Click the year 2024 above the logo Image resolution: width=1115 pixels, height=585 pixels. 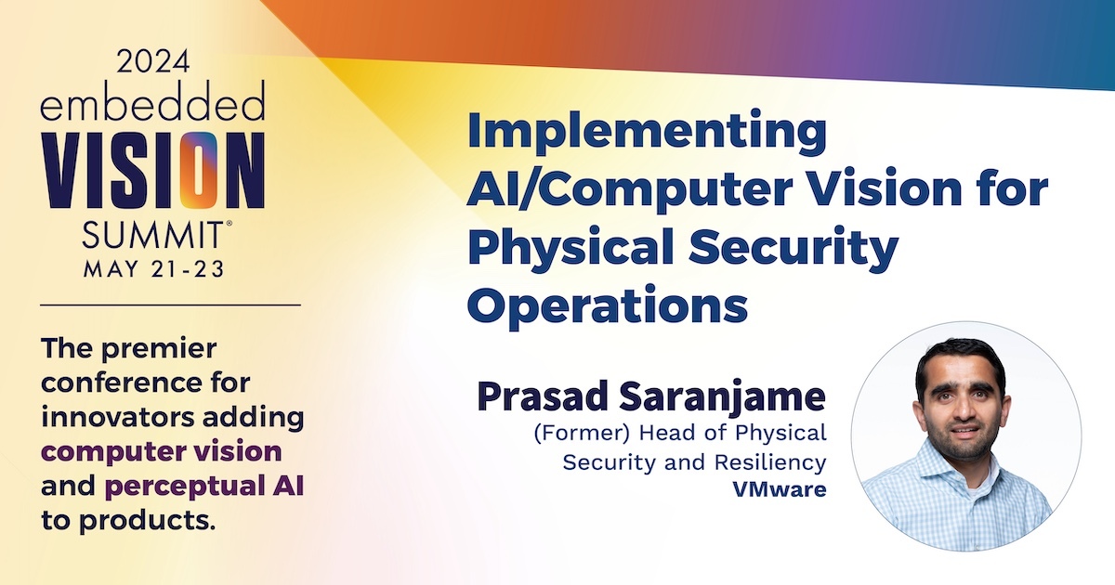(153, 61)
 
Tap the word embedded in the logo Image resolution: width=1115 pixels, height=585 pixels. (152, 101)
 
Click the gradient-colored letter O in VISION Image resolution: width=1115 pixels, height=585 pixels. (199, 170)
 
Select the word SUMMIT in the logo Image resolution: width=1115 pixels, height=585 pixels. (152, 235)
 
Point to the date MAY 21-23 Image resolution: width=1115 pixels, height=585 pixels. (154, 269)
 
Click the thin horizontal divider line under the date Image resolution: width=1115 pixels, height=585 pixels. (170, 305)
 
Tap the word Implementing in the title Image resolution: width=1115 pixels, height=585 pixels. (647, 132)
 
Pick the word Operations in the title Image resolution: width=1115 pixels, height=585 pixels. (608, 305)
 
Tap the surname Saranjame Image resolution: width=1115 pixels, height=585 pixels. (722, 398)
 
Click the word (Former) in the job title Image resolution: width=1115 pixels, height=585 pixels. (582, 433)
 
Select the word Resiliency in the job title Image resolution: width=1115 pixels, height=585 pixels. (770, 463)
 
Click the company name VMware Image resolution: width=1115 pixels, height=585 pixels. (780, 489)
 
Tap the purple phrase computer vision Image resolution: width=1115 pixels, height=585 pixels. (162, 452)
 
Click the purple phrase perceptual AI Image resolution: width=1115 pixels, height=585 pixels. (204, 487)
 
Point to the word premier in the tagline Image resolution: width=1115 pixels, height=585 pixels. (159, 349)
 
